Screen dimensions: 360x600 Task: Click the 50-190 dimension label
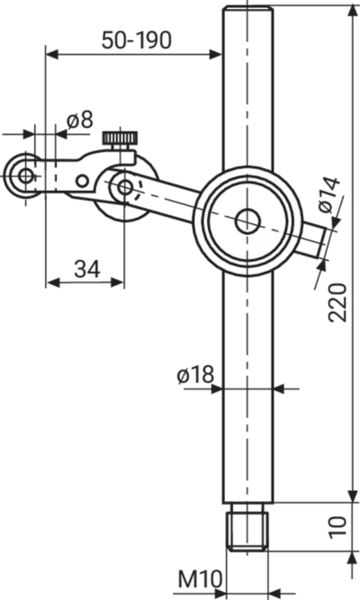pos(136,40)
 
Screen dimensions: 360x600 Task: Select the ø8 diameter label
pos(80,121)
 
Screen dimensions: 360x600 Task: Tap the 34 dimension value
pos(87,269)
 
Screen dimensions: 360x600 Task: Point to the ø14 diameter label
pos(329,195)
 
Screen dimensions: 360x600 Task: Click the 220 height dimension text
pos(337,302)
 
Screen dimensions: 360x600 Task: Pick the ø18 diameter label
pos(195,375)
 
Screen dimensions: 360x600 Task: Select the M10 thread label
pos(200,579)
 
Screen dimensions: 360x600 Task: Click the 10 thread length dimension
pos(337,527)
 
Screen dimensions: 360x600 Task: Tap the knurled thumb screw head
pos(120,137)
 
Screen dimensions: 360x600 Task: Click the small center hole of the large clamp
pos(247,221)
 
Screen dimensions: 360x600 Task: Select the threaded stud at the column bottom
pos(247,527)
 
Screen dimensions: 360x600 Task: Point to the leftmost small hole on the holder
pos(26,176)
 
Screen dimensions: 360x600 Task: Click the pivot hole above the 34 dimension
pos(124,187)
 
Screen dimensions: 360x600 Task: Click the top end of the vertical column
pos(247,7)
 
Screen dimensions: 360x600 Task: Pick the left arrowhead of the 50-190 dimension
pos(51,54)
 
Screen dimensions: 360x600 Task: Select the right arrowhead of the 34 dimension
pos(117,282)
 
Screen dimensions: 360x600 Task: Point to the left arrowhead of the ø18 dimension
pos(216,389)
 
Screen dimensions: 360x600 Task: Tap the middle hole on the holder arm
pos(82,181)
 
